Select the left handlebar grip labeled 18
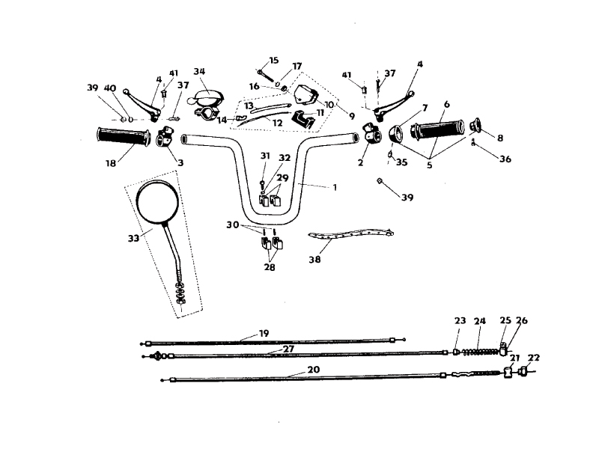(x=123, y=137)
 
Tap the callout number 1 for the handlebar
(x=335, y=188)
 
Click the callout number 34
(x=199, y=71)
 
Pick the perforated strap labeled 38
(x=350, y=233)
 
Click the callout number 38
(x=314, y=260)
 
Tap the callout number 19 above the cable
(x=264, y=333)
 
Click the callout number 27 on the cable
(x=288, y=349)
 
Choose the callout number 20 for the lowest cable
(x=313, y=370)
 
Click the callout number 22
(x=534, y=358)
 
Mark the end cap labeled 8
(x=477, y=124)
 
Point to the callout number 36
(x=505, y=159)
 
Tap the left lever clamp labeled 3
(x=164, y=136)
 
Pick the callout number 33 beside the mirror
(x=133, y=238)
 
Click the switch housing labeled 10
(x=306, y=95)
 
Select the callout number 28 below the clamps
(x=270, y=267)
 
